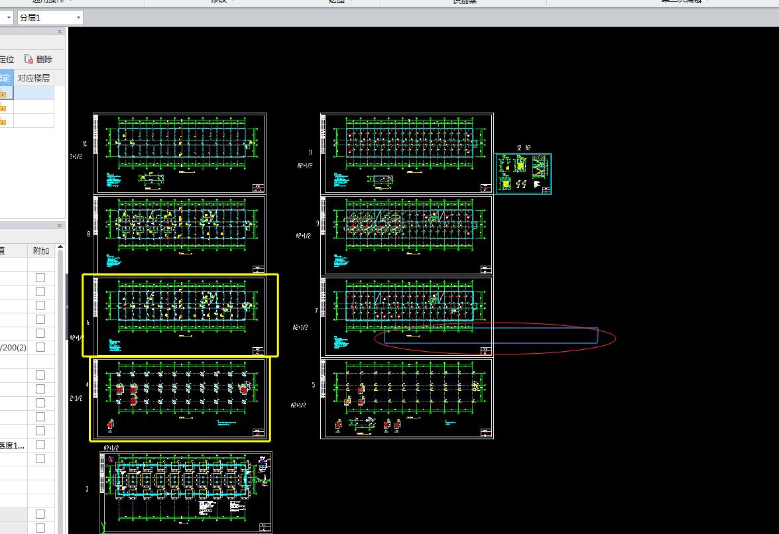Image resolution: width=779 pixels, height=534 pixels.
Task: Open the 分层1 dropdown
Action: tap(79, 17)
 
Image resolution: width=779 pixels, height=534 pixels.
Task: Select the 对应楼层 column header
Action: tap(33, 78)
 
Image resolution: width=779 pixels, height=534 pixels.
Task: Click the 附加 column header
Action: tap(40, 250)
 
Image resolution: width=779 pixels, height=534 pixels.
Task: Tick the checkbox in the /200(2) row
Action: tap(40, 347)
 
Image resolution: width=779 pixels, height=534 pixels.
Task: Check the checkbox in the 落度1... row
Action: tap(40, 445)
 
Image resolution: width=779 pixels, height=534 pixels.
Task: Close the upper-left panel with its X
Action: tap(60, 32)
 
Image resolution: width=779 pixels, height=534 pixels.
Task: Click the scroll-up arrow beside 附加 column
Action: tap(60, 248)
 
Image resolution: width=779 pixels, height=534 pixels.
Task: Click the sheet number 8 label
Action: tap(88, 233)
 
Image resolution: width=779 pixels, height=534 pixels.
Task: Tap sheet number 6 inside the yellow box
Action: tap(88, 323)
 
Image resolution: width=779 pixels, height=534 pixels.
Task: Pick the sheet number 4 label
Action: tap(88, 384)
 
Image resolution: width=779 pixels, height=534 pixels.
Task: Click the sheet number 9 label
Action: tap(318, 223)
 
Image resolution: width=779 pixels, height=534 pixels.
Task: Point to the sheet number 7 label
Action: tap(316, 310)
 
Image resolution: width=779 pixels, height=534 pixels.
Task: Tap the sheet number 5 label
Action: tap(314, 385)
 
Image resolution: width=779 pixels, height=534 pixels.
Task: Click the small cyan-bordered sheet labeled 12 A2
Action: tap(522, 174)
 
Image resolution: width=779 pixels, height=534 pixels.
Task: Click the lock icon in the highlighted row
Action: tap(3, 93)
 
